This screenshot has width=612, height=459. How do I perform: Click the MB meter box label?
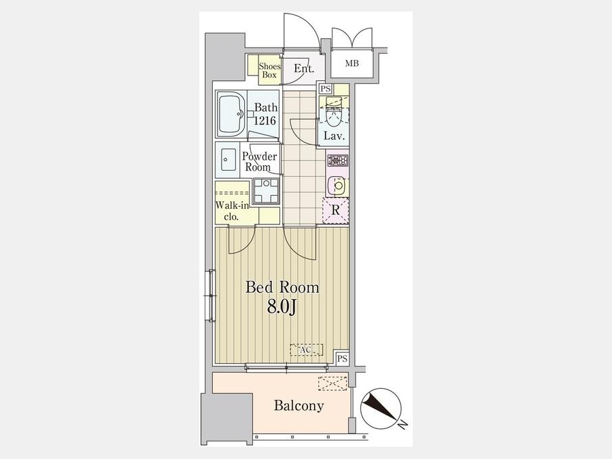(x=352, y=63)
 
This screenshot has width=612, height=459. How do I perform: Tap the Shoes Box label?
(x=269, y=71)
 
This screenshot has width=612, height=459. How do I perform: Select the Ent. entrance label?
(x=304, y=69)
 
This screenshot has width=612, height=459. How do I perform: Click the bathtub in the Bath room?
(x=231, y=114)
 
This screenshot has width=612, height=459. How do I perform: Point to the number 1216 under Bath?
(x=265, y=120)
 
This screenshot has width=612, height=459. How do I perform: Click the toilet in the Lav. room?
(x=334, y=112)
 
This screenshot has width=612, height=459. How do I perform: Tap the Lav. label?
(x=334, y=136)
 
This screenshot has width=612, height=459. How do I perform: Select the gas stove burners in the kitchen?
(x=338, y=160)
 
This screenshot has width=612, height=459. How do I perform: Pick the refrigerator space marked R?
(x=335, y=210)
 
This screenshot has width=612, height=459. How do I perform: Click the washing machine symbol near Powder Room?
(x=266, y=191)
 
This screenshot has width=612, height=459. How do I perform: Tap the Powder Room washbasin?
(x=228, y=160)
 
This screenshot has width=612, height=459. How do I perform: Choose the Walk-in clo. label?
(x=233, y=211)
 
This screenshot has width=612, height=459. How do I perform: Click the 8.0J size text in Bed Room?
(x=282, y=307)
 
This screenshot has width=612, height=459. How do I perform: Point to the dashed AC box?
(x=307, y=350)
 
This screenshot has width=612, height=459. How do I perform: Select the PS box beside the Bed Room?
(x=342, y=358)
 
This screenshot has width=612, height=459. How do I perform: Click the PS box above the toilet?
(x=325, y=88)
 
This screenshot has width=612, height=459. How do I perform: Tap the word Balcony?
(x=299, y=405)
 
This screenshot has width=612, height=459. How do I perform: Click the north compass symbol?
(x=381, y=409)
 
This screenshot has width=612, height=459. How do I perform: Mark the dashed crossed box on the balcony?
(x=333, y=384)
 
